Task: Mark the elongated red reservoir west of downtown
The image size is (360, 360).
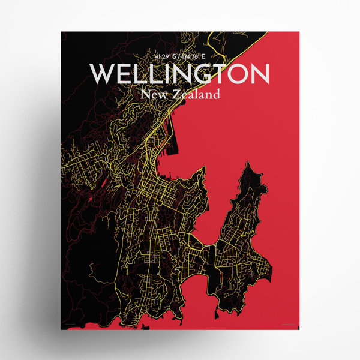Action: [x=103, y=180]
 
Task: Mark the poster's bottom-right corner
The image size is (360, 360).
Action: [x=298, y=329]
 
